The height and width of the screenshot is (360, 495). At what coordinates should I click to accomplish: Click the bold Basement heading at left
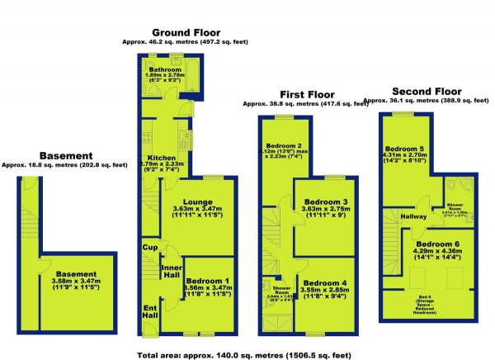point(65,155)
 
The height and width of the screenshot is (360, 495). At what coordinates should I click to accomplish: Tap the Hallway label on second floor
point(414,217)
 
